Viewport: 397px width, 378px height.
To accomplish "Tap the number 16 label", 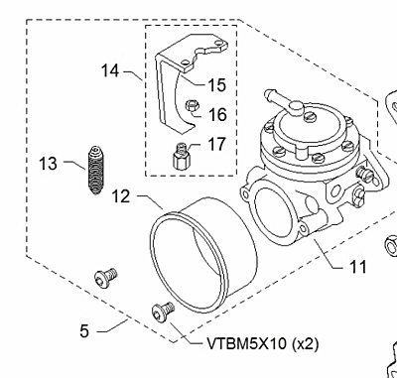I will tap(216, 114).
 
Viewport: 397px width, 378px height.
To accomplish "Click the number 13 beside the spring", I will tap(48, 163).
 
